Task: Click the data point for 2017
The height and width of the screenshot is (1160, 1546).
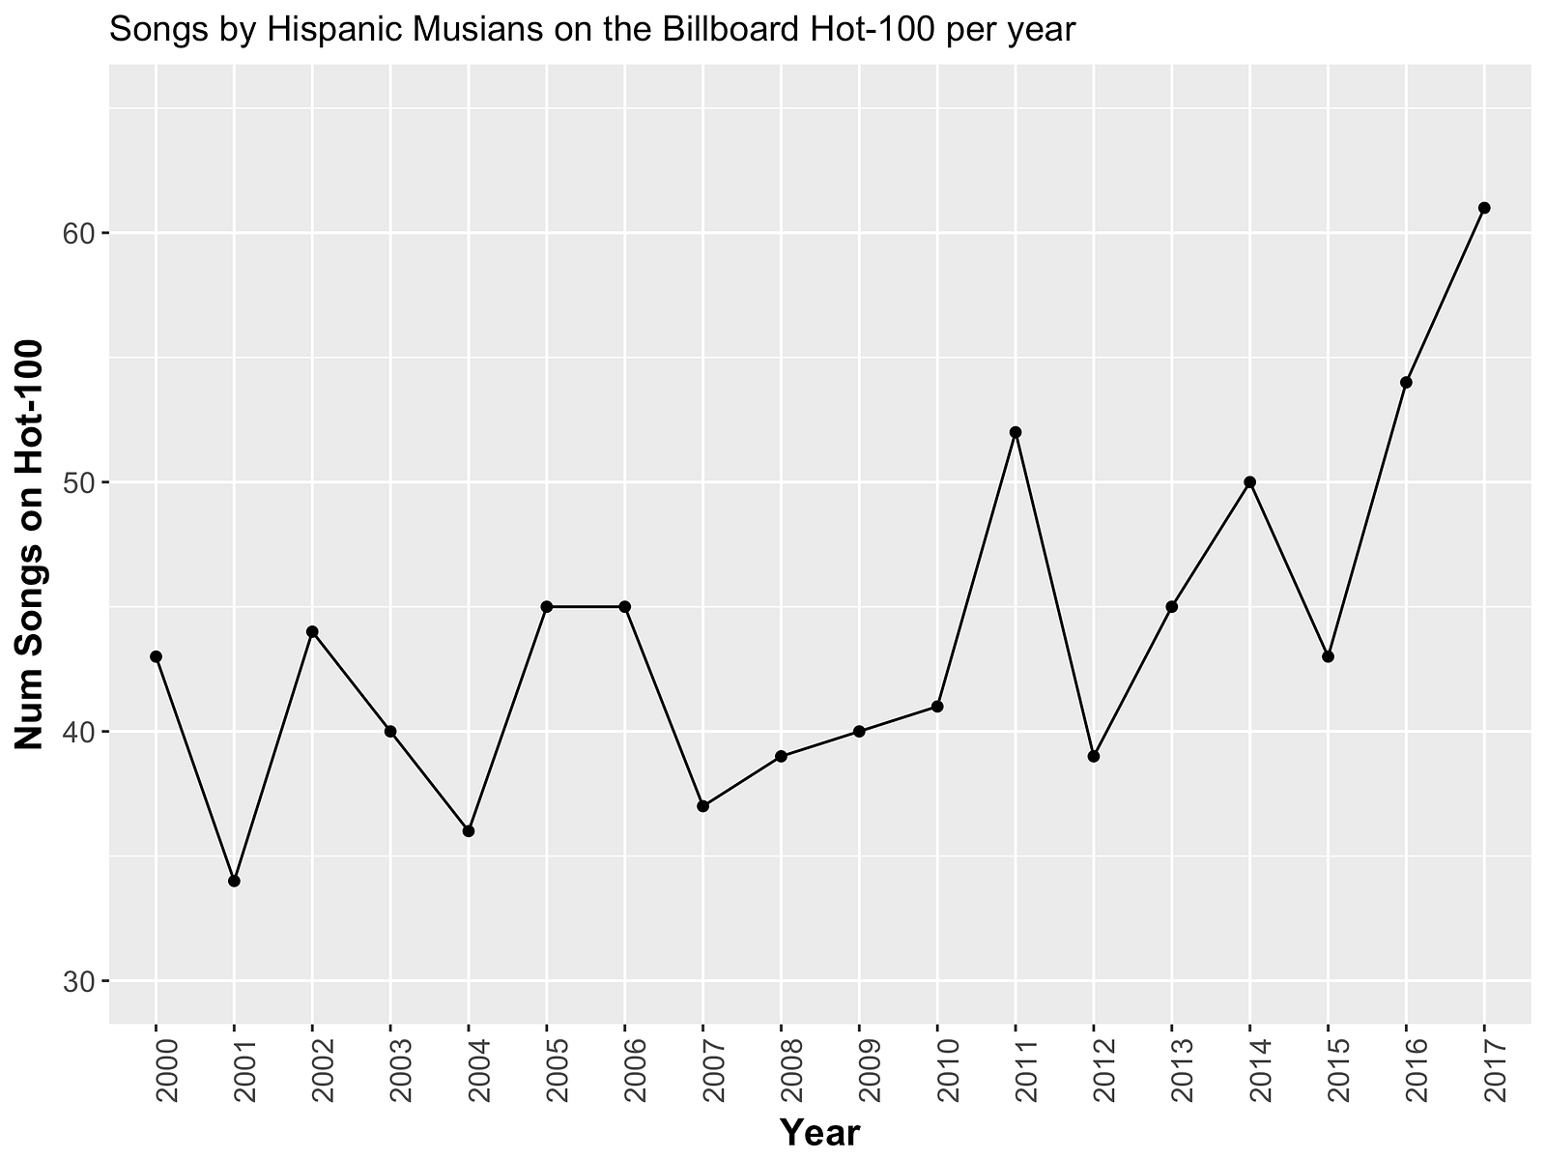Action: coord(1484,208)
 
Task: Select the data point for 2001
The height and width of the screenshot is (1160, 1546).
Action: coord(234,881)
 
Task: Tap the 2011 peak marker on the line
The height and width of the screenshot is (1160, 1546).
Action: coord(1016,432)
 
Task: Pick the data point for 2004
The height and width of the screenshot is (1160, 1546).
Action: coord(469,831)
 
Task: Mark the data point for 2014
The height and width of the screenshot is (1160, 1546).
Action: coord(1249,482)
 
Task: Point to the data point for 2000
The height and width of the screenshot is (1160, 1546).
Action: coord(156,656)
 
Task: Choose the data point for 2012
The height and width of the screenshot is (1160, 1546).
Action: coord(1094,756)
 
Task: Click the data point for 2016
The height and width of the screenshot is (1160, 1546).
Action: coord(1406,383)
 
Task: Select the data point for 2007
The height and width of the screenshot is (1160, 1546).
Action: coord(702,806)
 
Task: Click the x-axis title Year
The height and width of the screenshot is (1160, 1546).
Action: coord(819,1132)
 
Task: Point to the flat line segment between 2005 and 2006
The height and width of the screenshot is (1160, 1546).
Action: coord(586,607)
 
